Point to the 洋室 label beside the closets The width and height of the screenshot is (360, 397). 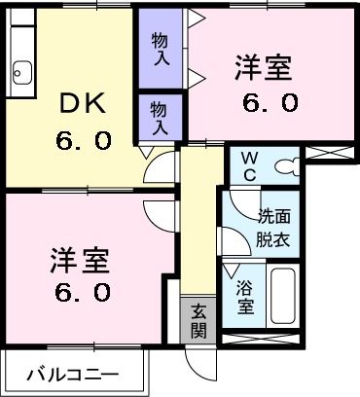pyautogui.click(x=264, y=69)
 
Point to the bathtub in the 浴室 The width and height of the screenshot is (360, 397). pyautogui.click(x=283, y=296)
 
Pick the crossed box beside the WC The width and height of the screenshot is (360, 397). pyautogui.click(x=332, y=153)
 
